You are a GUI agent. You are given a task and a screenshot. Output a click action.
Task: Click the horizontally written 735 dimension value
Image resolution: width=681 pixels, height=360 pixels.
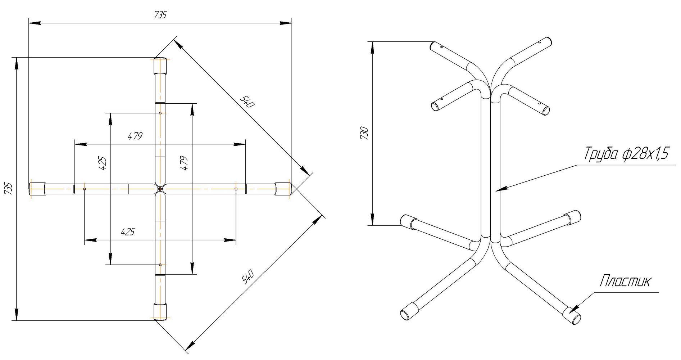(x=160, y=15)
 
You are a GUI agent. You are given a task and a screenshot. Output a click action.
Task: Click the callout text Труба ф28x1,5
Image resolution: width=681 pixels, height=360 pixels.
(x=626, y=154)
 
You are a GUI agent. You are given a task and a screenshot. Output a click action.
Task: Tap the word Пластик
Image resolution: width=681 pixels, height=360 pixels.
(x=625, y=281)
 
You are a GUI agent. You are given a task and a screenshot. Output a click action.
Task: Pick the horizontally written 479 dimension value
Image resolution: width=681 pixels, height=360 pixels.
(x=135, y=136)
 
